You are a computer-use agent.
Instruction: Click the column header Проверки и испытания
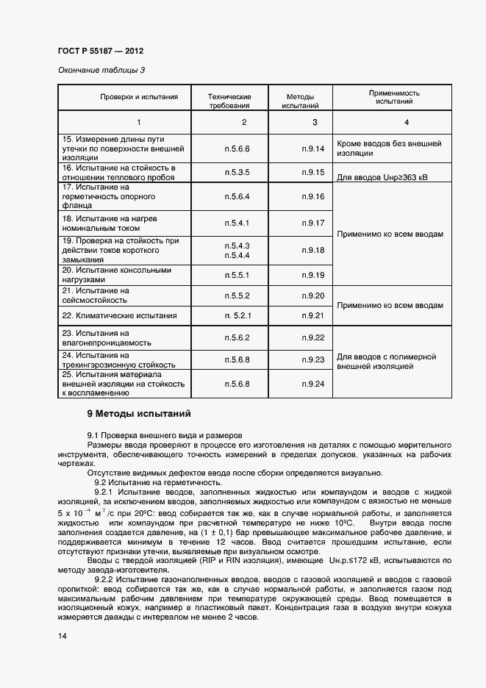click(139, 97)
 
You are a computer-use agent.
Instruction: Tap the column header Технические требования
click(229, 101)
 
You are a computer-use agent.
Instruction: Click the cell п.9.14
click(312, 148)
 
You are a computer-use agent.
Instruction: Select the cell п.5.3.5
click(237, 172)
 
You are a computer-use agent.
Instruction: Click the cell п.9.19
click(312, 275)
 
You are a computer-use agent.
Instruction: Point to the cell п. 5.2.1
click(237, 315)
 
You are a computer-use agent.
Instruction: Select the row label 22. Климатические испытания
click(119, 315)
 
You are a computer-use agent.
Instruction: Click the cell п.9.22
click(312, 337)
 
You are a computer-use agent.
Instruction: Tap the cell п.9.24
click(312, 384)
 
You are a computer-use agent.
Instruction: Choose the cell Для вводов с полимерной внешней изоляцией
click(392, 360)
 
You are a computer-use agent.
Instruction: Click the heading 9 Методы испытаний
click(139, 413)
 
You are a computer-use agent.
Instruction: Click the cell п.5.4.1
click(237, 223)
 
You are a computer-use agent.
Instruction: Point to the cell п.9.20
click(312, 295)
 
